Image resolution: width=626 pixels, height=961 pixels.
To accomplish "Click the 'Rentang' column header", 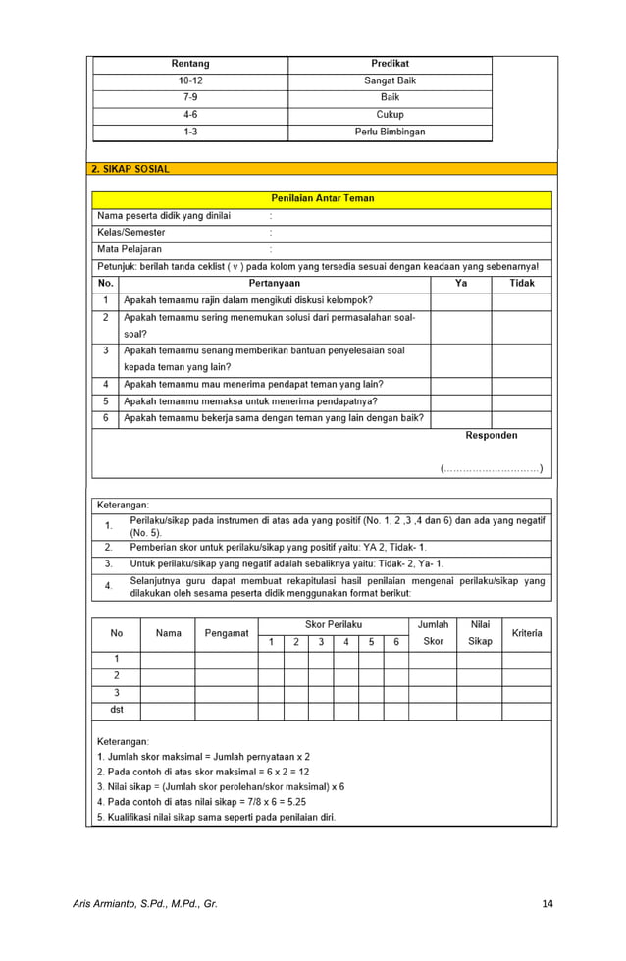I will (x=190, y=64).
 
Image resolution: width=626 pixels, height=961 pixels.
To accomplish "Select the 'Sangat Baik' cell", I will (x=390, y=80).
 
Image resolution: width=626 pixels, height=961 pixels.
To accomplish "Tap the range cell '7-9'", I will (x=190, y=98).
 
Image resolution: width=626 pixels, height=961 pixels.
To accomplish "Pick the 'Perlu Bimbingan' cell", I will (x=390, y=132).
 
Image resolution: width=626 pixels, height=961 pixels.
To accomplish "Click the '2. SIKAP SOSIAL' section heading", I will (x=130, y=169).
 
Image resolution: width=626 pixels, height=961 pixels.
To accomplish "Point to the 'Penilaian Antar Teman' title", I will (x=322, y=199).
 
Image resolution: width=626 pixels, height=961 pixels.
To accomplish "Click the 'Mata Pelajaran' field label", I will (x=130, y=249).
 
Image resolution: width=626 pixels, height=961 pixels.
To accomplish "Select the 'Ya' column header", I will (x=461, y=284).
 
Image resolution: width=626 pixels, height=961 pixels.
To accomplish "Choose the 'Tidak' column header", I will (x=522, y=284).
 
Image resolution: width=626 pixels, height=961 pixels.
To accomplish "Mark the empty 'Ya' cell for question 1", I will (x=461, y=300).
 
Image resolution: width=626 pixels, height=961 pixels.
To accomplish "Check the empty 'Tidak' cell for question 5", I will (x=522, y=401).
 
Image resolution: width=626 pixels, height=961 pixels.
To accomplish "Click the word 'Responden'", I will (x=492, y=435).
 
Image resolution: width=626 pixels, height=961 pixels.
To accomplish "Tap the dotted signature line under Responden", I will (x=492, y=468).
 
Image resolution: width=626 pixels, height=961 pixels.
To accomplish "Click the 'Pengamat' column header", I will (x=226, y=633).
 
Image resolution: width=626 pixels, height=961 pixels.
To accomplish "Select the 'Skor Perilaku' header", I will (x=334, y=624).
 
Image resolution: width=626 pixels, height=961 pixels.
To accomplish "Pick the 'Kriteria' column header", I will (x=527, y=633).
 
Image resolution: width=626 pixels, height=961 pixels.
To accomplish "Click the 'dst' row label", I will (x=116, y=710).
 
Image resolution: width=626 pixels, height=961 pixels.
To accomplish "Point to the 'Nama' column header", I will (x=168, y=633).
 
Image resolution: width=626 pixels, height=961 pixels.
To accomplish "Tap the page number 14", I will (x=548, y=903).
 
